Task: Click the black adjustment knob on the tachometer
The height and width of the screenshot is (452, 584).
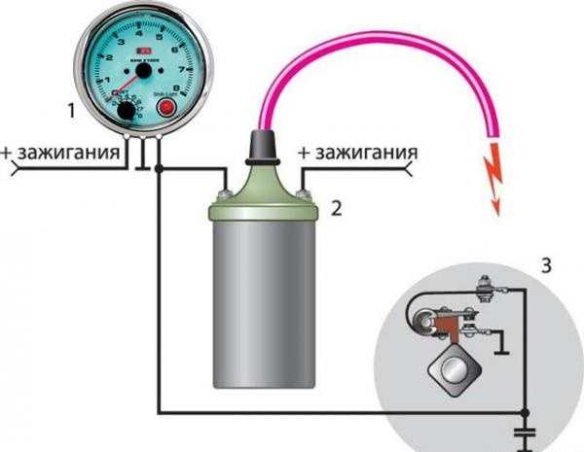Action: [x=126, y=114]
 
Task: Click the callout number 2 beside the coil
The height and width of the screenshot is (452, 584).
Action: [x=337, y=207]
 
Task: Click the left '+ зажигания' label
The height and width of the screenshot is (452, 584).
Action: [x=64, y=155]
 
